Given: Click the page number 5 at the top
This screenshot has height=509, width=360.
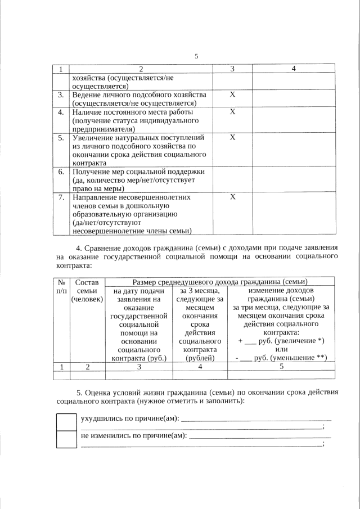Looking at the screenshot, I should [196, 56].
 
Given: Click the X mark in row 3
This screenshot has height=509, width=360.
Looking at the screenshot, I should [232, 94].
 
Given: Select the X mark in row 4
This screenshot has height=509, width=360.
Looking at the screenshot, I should [232, 112].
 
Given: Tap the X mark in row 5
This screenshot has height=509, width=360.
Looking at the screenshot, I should [232, 137].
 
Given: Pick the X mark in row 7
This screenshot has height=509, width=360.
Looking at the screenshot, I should [232, 197].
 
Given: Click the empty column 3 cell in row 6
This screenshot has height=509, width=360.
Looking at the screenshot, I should [232, 180].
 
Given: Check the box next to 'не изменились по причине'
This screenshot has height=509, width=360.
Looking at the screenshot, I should [66, 439].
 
